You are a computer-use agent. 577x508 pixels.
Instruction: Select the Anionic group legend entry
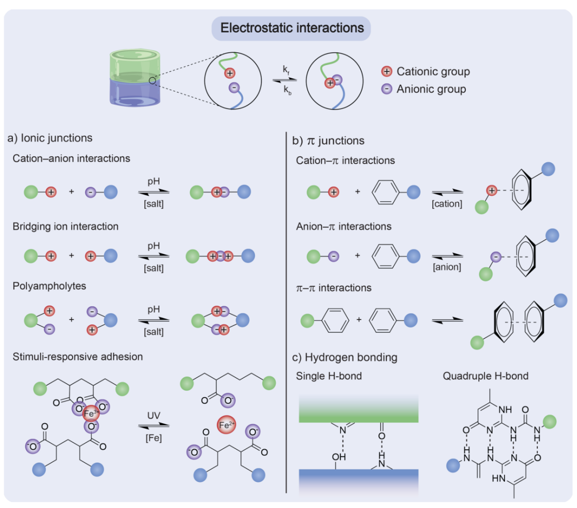(425, 89)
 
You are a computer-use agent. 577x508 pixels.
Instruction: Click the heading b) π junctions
(329, 141)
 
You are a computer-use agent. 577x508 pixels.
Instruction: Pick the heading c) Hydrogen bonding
(347, 357)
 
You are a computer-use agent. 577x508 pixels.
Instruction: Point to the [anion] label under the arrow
(447, 267)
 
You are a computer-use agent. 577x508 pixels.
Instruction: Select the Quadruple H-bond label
(486, 376)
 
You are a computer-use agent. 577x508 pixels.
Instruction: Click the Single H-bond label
(329, 376)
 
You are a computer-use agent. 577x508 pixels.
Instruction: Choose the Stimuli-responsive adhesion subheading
(78, 356)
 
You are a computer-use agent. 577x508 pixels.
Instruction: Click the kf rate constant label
(287, 69)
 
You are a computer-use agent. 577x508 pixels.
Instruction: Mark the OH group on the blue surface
(339, 457)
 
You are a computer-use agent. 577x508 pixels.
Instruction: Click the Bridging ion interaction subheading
(66, 226)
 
